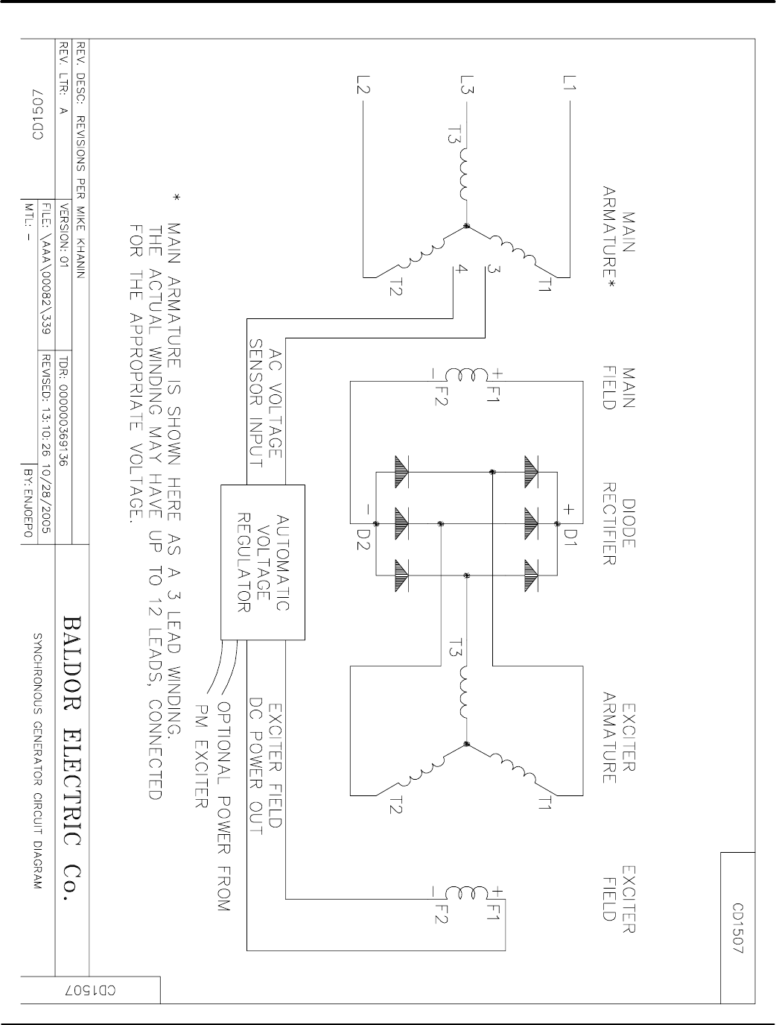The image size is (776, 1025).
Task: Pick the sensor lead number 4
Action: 462,270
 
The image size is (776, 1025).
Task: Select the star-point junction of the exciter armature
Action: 466,743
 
